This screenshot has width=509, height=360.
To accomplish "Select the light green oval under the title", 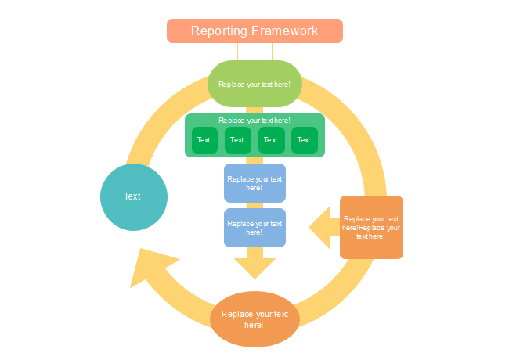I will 254,84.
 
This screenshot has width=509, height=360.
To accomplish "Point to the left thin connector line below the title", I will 237,52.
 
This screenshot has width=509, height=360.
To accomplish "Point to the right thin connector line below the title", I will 272,52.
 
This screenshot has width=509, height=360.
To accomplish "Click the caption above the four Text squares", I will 254,121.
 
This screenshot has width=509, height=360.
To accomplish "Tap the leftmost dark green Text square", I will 204,141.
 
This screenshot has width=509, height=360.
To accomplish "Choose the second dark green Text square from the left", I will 237,141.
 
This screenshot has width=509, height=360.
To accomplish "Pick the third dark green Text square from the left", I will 270,141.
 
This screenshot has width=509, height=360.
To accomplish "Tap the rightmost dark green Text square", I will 304,141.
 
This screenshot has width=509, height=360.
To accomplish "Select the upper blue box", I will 254,183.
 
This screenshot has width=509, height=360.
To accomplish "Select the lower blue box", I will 254,228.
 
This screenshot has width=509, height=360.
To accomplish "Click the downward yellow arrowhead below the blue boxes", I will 254,267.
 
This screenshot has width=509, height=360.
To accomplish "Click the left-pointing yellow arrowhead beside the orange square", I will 321,228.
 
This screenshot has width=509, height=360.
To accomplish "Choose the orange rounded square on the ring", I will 371,227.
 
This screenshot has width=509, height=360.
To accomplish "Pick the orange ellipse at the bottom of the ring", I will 254,319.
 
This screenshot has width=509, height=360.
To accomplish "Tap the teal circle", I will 134,196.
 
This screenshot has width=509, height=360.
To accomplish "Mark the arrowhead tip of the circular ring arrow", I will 140,250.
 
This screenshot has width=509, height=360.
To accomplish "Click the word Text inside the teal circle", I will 132,196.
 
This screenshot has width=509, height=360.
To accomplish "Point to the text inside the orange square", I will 371,227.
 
